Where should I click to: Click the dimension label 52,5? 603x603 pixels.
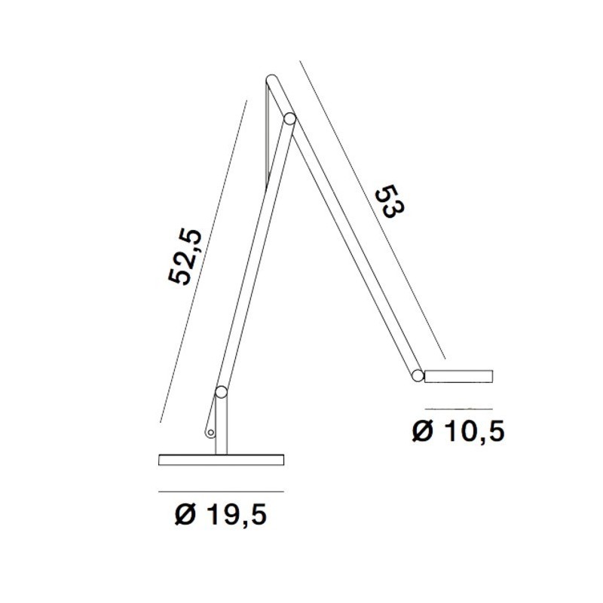pos(187,257)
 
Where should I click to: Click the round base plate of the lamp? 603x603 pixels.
pos(220,460)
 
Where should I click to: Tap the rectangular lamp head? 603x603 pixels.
pos(459,375)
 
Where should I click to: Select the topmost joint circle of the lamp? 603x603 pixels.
pos(272,79)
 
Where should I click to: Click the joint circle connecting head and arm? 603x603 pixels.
pos(417,375)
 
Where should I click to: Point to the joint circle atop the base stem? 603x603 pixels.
pos(221,392)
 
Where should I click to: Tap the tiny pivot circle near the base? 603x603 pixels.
pos(211,433)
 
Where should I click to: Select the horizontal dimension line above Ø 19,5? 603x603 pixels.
pos(220,491)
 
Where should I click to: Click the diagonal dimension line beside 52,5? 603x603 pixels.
pos(204,260)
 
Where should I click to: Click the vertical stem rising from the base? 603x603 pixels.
pos(221,426)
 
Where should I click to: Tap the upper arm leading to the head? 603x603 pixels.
pos(347,234)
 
